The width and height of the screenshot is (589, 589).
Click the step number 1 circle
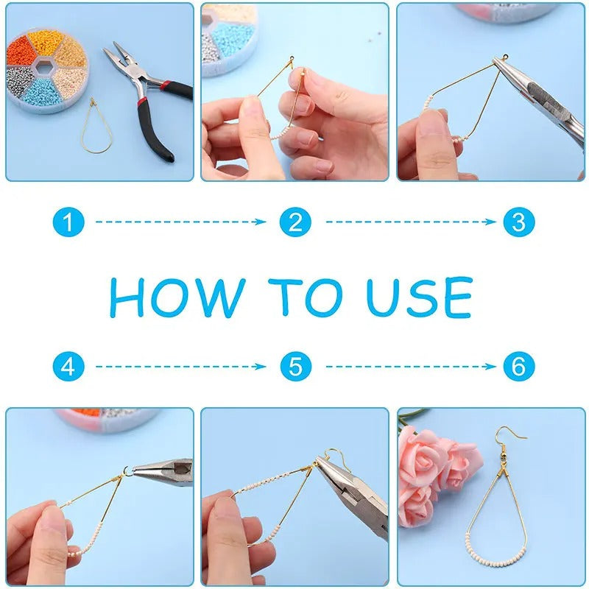click(x=68, y=222)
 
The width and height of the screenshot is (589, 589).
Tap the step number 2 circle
click(x=295, y=222)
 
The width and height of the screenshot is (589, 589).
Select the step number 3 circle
click(x=518, y=222)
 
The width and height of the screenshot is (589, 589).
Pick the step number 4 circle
click(x=68, y=366)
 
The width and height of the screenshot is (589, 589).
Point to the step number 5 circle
click(x=295, y=366)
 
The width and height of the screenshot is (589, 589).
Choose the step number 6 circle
click(x=518, y=366)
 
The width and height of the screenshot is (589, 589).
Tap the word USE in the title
click(x=420, y=297)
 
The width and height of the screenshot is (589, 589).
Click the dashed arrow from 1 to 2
click(x=180, y=222)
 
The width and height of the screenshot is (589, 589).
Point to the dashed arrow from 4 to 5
click(x=180, y=366)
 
